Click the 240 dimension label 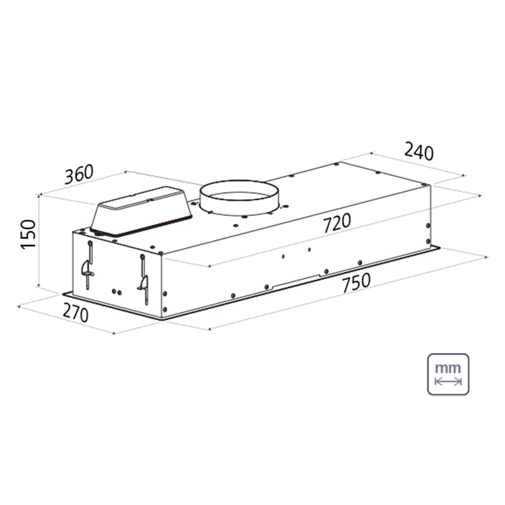(419, 151)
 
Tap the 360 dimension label (79, 174)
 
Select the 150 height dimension (28, 234)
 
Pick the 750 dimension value (356, 283)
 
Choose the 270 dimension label (75, 312)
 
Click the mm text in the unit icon (448, 368)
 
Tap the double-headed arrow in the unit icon (448, 382)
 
